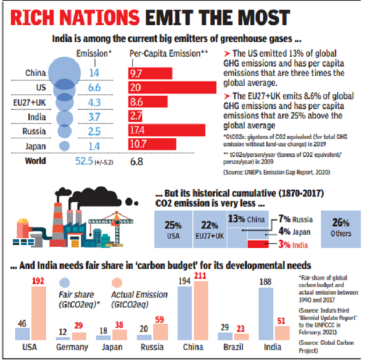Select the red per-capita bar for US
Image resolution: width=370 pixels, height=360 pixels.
point(173,87)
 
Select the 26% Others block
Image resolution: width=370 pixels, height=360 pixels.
point(340,230)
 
